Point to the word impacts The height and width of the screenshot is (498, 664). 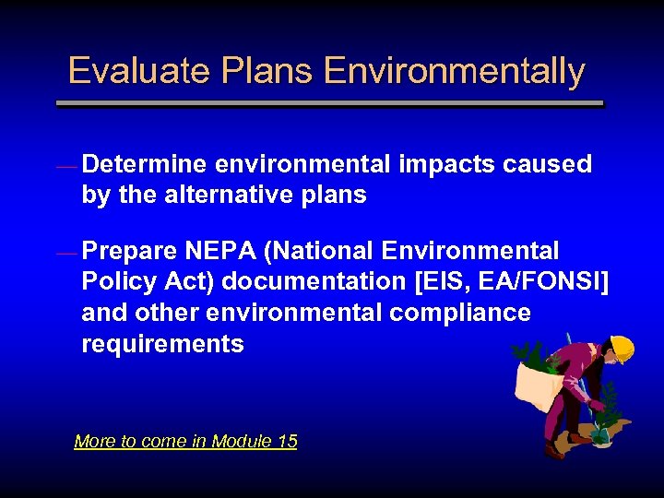(447, 164)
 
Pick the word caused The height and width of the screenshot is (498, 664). (548, 164)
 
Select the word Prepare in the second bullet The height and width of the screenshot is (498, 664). (129, 251)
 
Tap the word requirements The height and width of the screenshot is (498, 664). (162, 344)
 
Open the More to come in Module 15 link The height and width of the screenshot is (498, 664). (185, 441)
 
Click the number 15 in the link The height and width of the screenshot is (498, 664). (286, 441)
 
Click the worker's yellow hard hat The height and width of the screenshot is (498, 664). (622, 349)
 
